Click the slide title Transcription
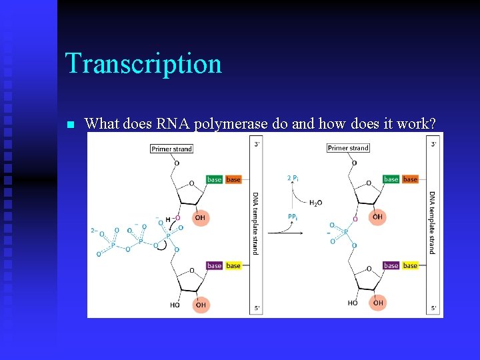tap(143, 64)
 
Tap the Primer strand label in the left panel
tap(171, 149)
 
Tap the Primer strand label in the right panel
tap(348, 148)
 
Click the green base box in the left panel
tap(214, 179)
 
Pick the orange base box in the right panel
tap(410, 179)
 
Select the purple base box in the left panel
tap(214, 265)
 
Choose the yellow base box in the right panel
tap(410, 265)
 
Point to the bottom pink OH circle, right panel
tap(378, 303)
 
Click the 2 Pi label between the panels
tap(293, 177)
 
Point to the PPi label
tap(293, 217)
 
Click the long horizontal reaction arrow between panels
tap(293, 233)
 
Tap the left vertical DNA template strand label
tap(255, 223)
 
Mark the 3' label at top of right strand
tap(434, 143)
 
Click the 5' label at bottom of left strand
tap(257, 308)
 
